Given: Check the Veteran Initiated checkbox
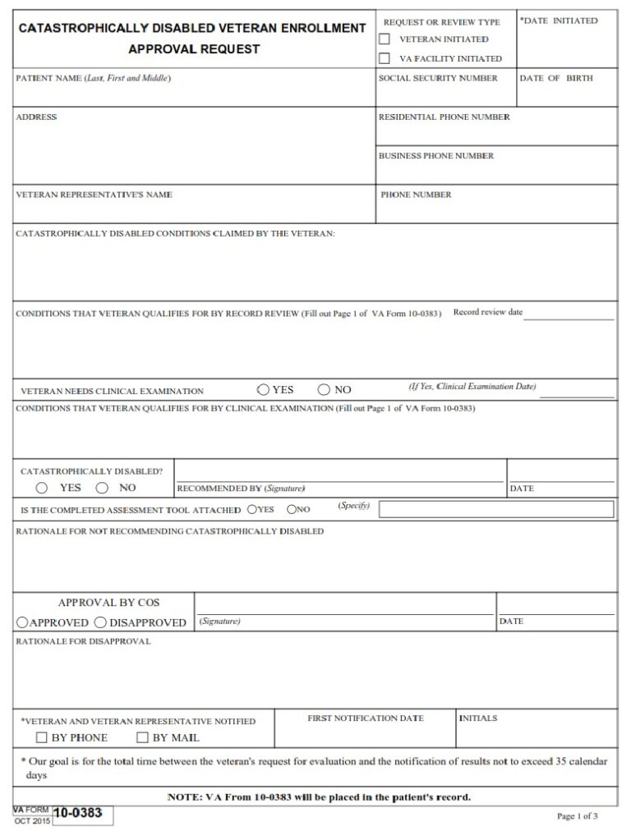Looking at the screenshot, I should coord(384,39).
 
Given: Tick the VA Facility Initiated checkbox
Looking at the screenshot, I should coord(384,58).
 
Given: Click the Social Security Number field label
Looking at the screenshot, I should coord(438,79).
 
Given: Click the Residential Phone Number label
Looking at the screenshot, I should coord(444,117).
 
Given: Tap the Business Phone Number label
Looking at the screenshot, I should coord(436,156).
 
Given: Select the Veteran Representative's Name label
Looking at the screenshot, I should coord(94,195).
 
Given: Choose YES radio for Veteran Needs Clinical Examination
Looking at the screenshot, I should coord(263,389).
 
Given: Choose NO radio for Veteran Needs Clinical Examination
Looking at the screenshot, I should coord(324,389).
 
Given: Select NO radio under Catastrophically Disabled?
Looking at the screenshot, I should coord(103,488).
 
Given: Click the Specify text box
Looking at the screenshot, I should coord(495,509).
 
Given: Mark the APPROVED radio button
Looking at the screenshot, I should coord(23,622).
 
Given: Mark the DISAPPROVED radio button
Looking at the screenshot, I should coord(101,622).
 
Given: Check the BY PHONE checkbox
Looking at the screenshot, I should coord(42,737).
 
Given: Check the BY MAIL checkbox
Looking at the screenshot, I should coord(142,737).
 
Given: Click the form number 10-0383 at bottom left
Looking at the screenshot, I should coord(78,814).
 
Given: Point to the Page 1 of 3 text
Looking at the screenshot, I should coord(577,816).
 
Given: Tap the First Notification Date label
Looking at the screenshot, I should coord(366,718).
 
